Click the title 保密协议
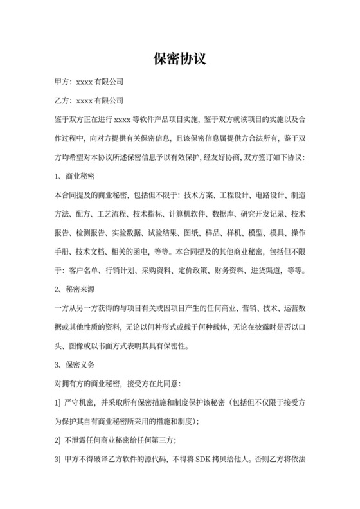(x=179, y=59)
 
